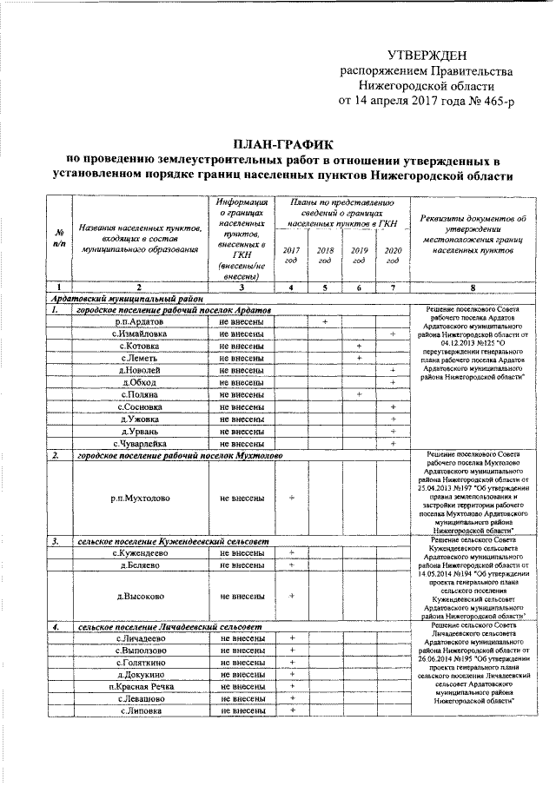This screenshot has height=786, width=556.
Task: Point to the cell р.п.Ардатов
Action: (139, 321)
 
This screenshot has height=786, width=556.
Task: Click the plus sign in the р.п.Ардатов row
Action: (324, 321)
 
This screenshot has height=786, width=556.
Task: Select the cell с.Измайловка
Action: (139, 334)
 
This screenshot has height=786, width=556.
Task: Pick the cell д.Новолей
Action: (139, 370)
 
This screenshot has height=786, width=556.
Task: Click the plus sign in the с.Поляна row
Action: (358, 394)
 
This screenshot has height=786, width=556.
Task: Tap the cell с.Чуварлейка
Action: (139, 443)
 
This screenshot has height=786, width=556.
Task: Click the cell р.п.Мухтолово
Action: (139, 499)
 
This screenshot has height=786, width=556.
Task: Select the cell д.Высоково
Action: (139, 596)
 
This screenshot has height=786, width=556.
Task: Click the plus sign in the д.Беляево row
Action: (291, 565)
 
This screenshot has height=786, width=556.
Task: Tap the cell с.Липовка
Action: (139, 710)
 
